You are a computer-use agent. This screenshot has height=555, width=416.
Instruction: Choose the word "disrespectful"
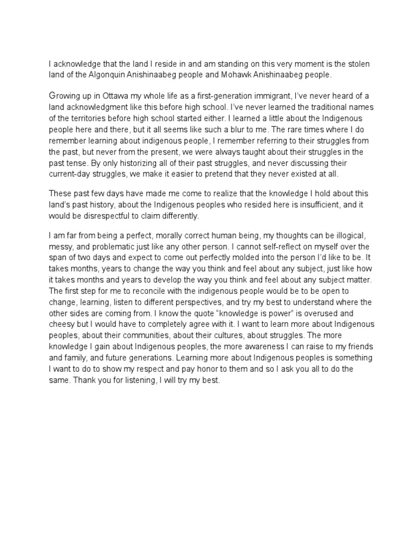coord(108,215)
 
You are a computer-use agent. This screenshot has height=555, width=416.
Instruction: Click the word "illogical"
coord(346,237)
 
